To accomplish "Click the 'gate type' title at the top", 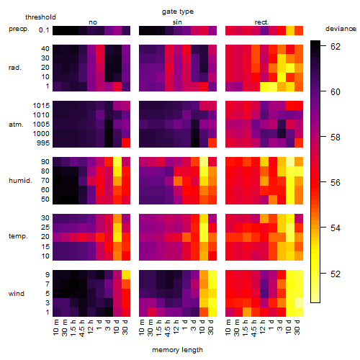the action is click(x=178, y=12).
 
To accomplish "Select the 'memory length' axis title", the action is click(x=178, y=350).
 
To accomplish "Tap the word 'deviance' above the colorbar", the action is click(x=341, y=29).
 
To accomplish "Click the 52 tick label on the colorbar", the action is click(x=336, y=274).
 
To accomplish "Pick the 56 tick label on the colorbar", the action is click(x=336, y=183).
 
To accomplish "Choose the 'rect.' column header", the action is click(x=262, y=22).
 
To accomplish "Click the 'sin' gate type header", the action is click(x=177, y=22).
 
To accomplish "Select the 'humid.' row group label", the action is click(x=20, y=181).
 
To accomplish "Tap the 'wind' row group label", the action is click(x=17, y=294).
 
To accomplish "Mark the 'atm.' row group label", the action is click(x=16, y=125).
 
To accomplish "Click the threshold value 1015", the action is click(x=41, y=106).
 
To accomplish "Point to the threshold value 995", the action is click(x=43, y=143).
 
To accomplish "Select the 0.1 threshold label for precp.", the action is click(x=44, y=30).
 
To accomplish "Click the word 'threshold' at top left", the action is click(x=40, y=17).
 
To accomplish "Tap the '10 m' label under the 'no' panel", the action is click(x=56, y=328).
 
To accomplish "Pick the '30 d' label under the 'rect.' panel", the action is click(x=297, y=328).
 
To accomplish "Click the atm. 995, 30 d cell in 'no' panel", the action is click(x=126, y=143).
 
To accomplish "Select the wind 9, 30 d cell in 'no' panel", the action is click(x=126, y=274).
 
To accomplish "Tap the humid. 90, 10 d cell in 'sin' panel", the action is click(x=204, y=162).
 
